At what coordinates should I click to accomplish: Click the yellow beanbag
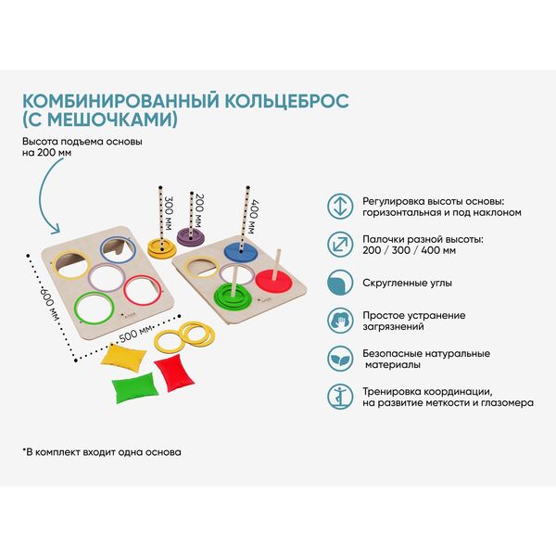[124, 356]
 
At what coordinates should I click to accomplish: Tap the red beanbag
[174, 373]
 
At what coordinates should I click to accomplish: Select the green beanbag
[135, 387]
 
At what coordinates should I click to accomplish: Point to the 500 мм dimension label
[136, 334]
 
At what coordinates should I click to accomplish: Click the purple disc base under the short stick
[191, 236]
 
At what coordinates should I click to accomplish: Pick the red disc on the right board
[273, 281]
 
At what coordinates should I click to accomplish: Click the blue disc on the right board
[241, 251]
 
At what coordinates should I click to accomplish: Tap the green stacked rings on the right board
[233, 296]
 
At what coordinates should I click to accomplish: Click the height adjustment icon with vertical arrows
[340, 207]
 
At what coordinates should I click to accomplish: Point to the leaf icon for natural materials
[340, 359]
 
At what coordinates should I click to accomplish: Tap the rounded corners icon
[340, 283]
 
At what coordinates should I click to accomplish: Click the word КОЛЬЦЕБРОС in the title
[287, 101]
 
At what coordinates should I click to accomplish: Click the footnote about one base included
[102, 452]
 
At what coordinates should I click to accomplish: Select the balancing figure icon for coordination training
[340, 397]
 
